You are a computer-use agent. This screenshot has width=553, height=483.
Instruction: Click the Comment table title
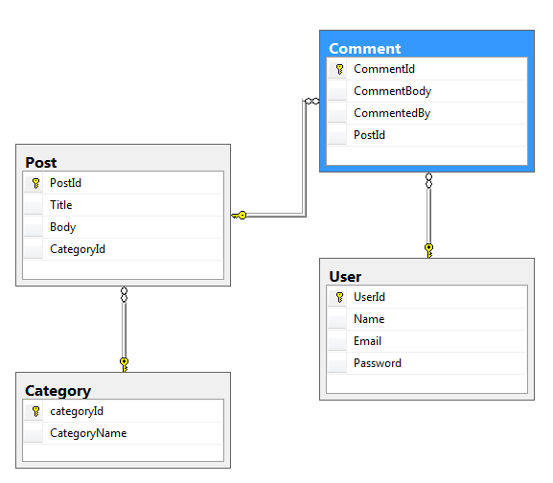(364, 49)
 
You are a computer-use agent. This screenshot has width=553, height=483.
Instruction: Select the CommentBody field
(392, 91)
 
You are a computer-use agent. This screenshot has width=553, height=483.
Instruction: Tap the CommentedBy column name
(392, 113)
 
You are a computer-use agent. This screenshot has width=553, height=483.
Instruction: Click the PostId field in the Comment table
(369, 135)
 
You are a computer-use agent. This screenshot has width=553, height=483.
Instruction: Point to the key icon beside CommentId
(339, 69)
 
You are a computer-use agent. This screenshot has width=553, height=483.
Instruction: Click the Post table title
(41, 163)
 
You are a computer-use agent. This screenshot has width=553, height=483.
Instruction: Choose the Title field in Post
(61, 205)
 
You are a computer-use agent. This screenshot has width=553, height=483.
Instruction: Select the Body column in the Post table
(63, 227)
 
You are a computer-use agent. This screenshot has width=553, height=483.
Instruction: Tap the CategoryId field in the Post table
(78, 249)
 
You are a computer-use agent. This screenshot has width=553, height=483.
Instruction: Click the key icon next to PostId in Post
(35, 183)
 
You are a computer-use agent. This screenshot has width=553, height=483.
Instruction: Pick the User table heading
(345, 277)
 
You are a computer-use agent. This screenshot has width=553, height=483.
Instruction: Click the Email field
(367, 341)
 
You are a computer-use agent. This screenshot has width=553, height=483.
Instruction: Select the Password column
(378, 363)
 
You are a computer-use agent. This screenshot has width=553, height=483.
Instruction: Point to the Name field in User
(369, 319)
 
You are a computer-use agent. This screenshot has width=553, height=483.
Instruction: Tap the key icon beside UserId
(339, 297)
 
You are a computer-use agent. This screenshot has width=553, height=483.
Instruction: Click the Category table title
(58, 391)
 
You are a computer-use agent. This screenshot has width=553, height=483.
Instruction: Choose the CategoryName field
(88, 433)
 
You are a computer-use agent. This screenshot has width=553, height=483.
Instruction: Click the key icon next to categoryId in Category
(35, 411)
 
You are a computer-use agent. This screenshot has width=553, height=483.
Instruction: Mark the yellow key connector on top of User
(428, 251)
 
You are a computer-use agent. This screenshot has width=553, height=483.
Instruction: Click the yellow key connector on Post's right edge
(239, 215)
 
